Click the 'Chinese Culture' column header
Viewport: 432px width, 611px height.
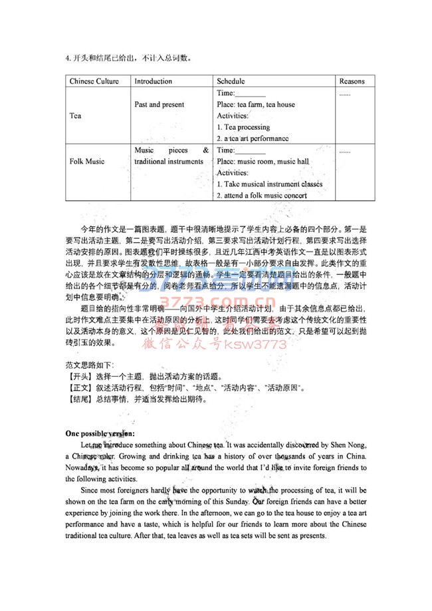(x=94, y=82)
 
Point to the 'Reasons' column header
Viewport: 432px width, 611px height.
(x=352, y=82)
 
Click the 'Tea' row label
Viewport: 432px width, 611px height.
(x=74, y=116)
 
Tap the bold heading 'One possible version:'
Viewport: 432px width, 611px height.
(x=100, y=433)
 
